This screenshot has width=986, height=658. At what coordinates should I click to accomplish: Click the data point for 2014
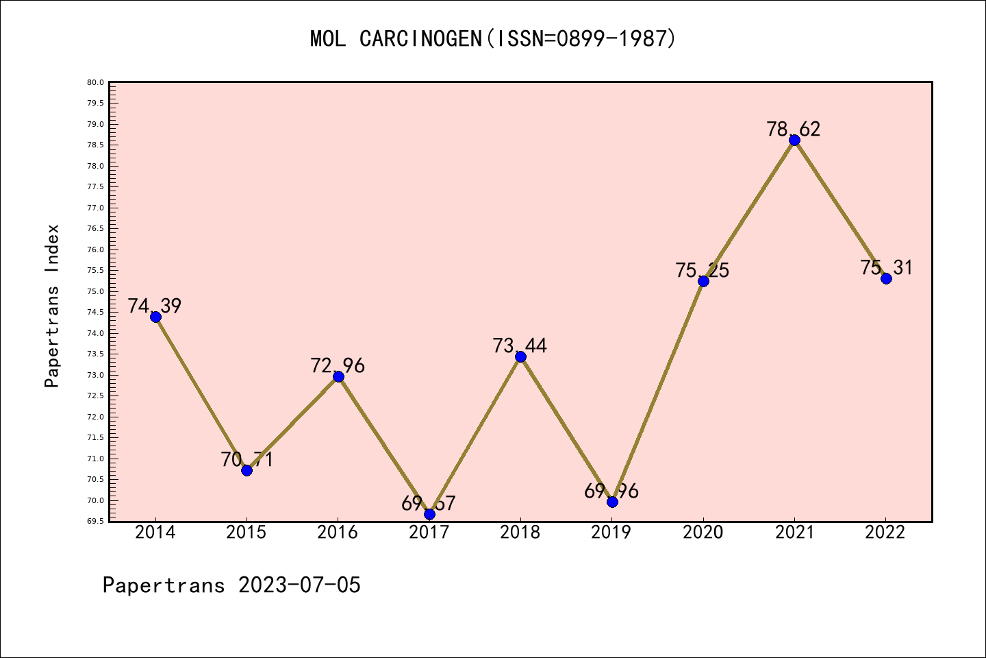155,317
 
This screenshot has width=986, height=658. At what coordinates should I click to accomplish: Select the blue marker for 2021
794,141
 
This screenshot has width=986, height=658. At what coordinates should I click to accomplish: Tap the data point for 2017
429,514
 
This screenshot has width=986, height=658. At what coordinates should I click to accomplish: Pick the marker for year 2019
612,502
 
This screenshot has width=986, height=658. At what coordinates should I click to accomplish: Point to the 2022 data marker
886,278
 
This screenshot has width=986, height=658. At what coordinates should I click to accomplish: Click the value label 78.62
794,129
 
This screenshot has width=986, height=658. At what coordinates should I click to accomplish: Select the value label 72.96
338,365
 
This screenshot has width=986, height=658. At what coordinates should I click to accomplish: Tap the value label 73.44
520,345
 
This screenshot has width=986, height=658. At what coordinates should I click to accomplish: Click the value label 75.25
703,270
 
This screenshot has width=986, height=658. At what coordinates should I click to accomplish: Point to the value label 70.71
246,459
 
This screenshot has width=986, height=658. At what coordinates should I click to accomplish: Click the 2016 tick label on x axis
338,533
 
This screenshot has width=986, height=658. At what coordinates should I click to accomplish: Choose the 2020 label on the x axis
703,533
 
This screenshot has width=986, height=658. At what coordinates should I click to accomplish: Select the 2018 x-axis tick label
520,533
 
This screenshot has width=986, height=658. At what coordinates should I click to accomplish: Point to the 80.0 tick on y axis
95,82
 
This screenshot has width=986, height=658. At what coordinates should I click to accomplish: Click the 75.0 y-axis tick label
95,291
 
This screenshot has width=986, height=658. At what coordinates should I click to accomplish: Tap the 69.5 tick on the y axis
95,521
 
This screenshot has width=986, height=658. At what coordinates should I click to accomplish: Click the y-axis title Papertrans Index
52,306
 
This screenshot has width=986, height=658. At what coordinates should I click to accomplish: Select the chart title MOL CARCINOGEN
396,39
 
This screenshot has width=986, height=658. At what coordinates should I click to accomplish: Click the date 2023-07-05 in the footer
299,585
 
